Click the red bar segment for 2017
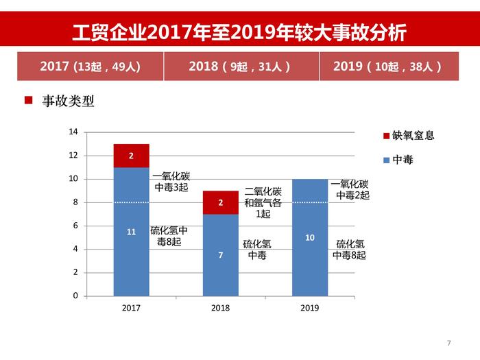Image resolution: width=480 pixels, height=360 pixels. pyautogui.click(x=131, y=156)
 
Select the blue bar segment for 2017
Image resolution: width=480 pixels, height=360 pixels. pyautogui.click(x=131, y=231)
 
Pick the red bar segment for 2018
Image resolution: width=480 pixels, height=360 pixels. pyautogui.click(x=220, y=202)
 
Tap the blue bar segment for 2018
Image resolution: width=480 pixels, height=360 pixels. pyautogui.click(x=220, y=254)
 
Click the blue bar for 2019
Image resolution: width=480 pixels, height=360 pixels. pyautogui.click(x=309, y=237)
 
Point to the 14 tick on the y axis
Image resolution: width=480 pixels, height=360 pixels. pyautogui.click(x=74, y=132)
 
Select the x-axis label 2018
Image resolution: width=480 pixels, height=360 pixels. pyautogui.click(x=220, y=308)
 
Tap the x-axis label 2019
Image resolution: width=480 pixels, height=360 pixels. pyautogui.click(x=309, y=308)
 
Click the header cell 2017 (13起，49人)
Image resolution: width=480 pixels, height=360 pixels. pyautogui.click(x=90, y=67)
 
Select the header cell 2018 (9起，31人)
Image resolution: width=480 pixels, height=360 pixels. pyautogui.click(x=241, y=67)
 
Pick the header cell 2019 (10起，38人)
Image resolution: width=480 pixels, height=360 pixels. pyautogui.click(x=388, y=67)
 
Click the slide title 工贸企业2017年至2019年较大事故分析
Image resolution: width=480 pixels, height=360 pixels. pyautogui.click(x=239, y=32)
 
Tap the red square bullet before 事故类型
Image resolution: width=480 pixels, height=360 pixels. pyautogui.click(x=29, y=101)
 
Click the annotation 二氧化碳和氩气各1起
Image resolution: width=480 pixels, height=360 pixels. pyautogui.click(x=263, y=202)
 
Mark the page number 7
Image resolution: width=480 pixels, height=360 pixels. pyautogui.click(x=448, y=342)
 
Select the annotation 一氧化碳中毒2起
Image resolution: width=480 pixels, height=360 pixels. pyautogui.click(x=350, y=189)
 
